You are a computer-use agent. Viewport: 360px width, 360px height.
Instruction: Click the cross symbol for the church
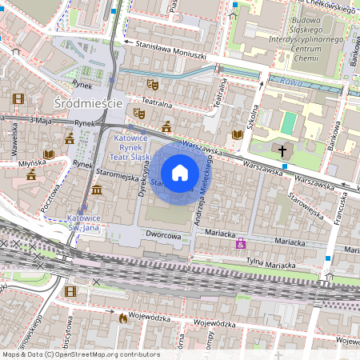click(282, 150)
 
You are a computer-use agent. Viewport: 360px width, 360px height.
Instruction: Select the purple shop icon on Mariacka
click(241, 243)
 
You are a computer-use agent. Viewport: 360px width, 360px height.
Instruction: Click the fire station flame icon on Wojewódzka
click(122, 318)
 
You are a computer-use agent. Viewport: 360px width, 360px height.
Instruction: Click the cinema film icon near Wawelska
click(19, 98)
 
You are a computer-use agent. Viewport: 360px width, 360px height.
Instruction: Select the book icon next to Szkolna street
click(236, 134)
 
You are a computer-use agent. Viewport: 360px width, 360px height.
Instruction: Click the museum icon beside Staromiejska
click(97, 190)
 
